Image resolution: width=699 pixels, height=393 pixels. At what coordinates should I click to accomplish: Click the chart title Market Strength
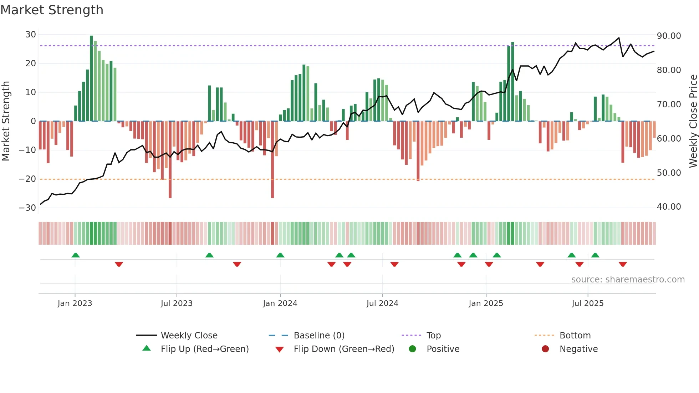(x=52, y=10)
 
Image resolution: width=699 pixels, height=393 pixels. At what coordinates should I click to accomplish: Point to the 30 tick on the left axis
(x=31, y=35)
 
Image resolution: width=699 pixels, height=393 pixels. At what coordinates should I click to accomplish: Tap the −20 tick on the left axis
(x=27, y=179)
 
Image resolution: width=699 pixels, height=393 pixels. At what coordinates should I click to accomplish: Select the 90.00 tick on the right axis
(x=669, y=36)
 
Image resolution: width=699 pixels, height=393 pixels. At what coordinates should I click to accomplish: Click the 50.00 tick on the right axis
(x=669, y=173)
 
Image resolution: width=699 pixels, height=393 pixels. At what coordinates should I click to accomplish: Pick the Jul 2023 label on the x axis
(x=177, y=303)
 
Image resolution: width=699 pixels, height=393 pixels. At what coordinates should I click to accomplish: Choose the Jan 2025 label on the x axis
(x=486, y=303)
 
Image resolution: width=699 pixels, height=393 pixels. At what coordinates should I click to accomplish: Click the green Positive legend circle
(x=413, y=349)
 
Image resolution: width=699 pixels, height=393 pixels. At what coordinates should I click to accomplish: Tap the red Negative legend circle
(x=545, y=349)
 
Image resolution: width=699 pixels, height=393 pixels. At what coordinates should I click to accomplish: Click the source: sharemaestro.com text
(x=628, y=280)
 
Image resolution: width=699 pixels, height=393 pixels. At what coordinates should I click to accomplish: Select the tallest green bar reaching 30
(x=91, y=78)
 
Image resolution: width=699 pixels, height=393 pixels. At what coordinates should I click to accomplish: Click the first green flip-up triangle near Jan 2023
(x=76, y=255)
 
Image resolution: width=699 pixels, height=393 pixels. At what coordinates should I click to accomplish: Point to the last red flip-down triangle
(x=623, y=264)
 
